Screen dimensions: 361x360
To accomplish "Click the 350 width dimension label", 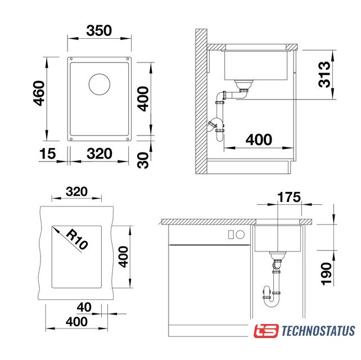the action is pos(99,30).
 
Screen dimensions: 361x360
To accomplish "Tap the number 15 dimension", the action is pos(48,154).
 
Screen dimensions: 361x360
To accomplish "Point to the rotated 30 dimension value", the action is pos(143,160).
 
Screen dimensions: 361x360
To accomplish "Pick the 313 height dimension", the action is pos(324,74).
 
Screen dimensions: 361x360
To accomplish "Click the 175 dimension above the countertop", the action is pos(289,197).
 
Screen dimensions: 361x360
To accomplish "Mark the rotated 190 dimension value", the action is pos(326,274).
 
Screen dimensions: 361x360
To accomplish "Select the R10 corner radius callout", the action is pos(77,240).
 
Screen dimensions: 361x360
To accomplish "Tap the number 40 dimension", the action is pos(84,307).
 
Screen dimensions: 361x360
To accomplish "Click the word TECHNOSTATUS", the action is pos(318,331).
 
